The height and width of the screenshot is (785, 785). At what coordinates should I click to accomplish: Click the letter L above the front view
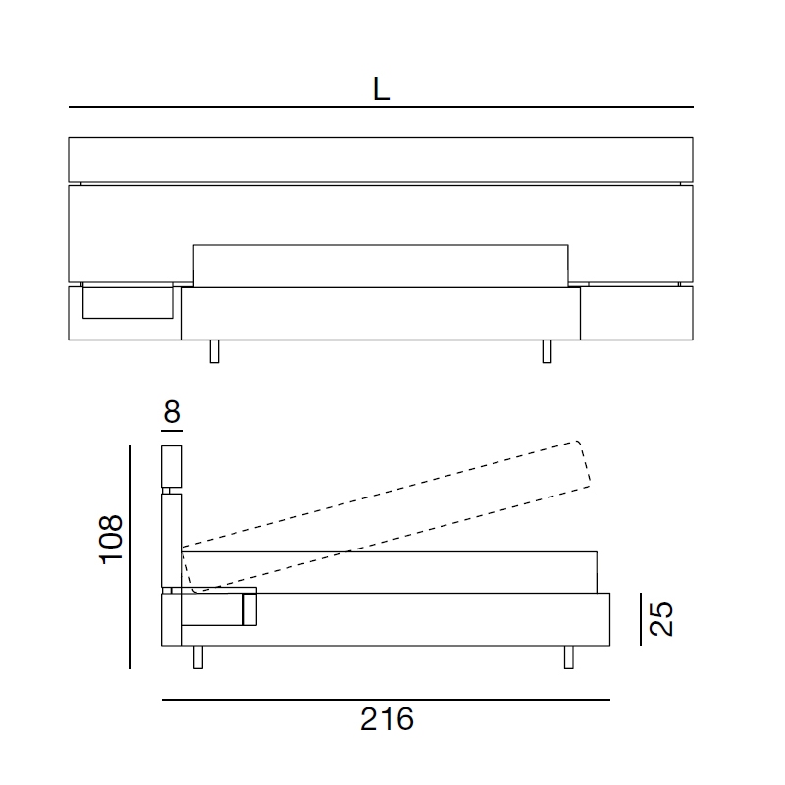(381, 89)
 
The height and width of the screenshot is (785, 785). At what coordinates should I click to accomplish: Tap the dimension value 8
(172, 411)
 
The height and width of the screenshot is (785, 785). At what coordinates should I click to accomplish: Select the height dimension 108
(111, 539)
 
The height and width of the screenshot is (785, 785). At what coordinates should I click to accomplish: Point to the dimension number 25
(660, 619)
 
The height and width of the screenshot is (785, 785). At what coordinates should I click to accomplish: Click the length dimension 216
(387, 719)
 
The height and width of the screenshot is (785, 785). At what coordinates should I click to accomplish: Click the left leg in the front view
(214, 351)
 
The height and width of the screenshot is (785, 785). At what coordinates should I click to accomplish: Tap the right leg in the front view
(548, 351)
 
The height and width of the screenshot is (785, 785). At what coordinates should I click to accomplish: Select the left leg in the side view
(198, 656)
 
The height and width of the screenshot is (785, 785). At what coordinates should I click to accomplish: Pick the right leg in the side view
(569, 656)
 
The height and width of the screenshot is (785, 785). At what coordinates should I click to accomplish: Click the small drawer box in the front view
(128, 303)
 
